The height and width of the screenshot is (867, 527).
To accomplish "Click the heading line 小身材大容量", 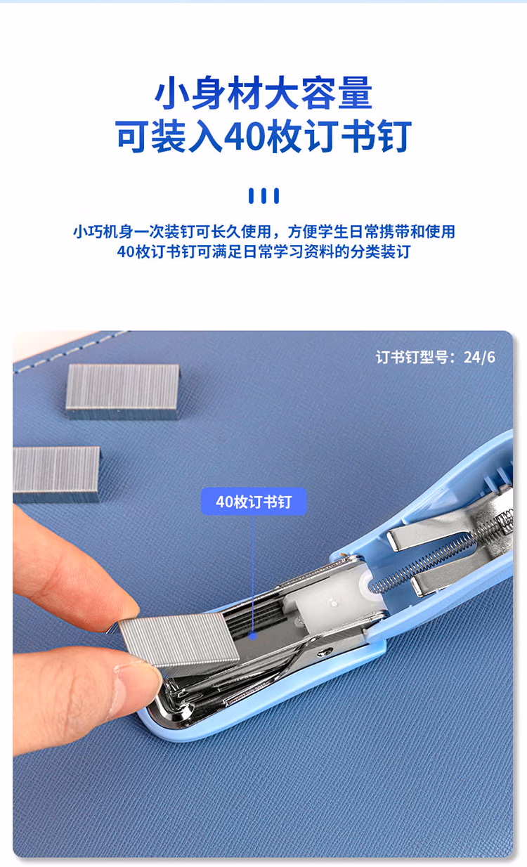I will pos(263,94).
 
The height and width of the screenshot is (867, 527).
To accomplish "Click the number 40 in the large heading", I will pos(243,138).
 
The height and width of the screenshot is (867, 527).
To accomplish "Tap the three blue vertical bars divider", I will pos(263,196).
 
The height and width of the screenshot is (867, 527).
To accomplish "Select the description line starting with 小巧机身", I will pos(263,231).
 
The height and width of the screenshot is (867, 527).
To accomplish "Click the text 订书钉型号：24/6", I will pos(435,357).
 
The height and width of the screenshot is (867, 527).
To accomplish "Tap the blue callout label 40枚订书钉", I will pos(254,502).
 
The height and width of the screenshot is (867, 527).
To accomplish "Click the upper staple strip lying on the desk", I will pos(122,390).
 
